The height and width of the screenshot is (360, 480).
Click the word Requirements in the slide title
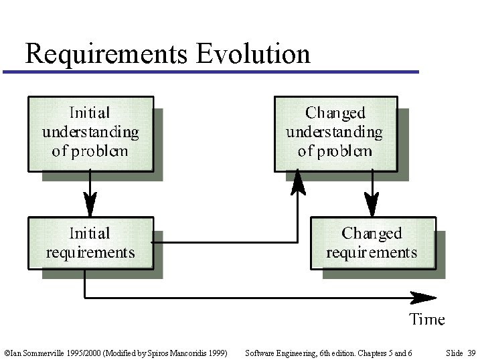(106, 54)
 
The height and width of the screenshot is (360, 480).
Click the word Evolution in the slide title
(254, 54)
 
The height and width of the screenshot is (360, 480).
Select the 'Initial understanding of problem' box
(90, 132)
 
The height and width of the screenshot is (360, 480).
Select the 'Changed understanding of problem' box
(335, 132)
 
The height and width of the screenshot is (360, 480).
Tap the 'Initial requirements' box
(90, 243)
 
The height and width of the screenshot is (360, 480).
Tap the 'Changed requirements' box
(372, 243)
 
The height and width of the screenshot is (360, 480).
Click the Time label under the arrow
(427, 319)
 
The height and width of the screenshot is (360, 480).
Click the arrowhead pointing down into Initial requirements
(90, 204)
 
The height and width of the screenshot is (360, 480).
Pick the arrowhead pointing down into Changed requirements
(372, 204)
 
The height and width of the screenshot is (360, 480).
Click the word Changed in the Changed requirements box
(372, 234)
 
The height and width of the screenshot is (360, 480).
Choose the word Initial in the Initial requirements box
(90, 234)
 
